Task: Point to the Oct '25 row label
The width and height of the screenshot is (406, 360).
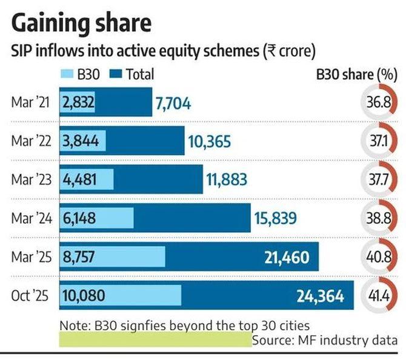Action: tap(31, 296)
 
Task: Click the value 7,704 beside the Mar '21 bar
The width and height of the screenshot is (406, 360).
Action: tap(173, 104)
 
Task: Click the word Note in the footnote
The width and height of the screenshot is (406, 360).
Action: tap(73, 325)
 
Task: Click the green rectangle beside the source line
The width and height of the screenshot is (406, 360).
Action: tap(155, 339)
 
